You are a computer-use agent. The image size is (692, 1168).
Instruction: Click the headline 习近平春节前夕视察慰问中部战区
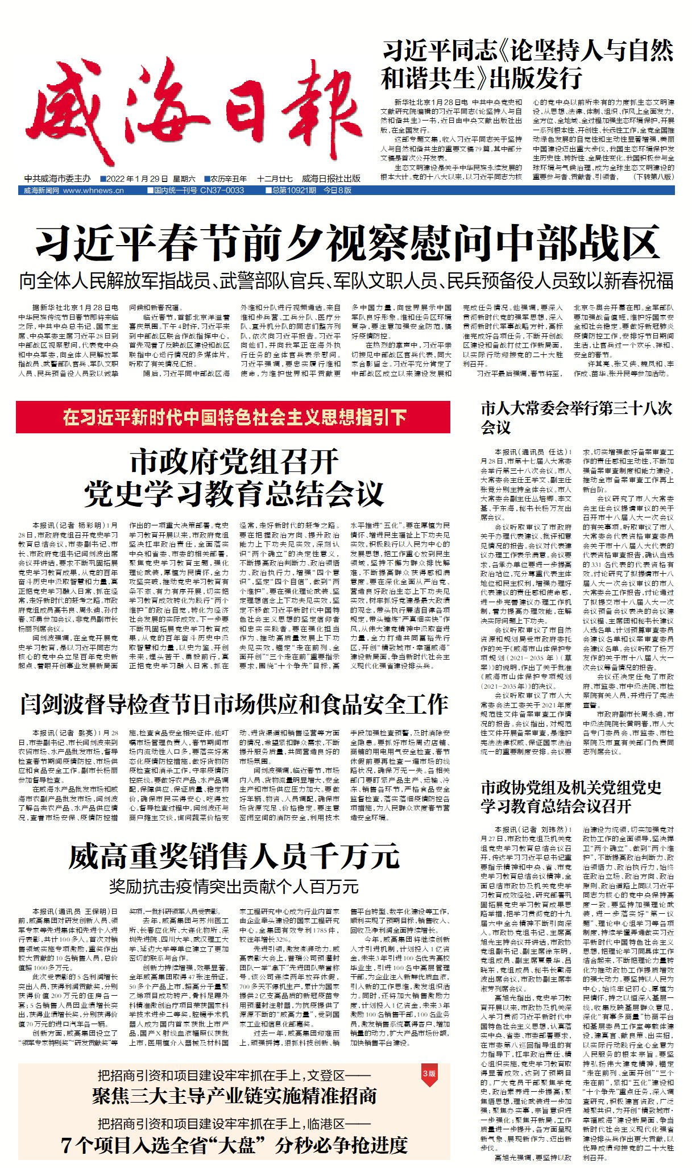click(347, 243)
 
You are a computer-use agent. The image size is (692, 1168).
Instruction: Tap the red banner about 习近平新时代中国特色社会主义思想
click(233, 417)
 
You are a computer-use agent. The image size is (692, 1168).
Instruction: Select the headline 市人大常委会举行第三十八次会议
click(576, 417)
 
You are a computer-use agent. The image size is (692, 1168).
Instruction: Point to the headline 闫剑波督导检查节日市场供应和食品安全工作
click(233, 705)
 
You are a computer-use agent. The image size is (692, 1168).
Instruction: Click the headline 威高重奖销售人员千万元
click(233, 856)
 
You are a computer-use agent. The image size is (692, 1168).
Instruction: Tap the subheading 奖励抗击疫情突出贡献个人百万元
click(233, 886)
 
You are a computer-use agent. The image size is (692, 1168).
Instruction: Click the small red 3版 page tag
click(429, 1073)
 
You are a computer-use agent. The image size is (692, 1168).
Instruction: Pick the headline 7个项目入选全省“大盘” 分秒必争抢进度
click(234, 1145)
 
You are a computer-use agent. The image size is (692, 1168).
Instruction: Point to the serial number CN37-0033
click(222, 190)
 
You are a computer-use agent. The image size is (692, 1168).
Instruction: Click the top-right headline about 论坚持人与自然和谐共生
click(527, 64)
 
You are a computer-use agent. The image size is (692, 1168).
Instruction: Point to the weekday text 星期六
click(184, 179)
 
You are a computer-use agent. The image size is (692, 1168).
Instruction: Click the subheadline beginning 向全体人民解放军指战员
click(346, 280)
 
